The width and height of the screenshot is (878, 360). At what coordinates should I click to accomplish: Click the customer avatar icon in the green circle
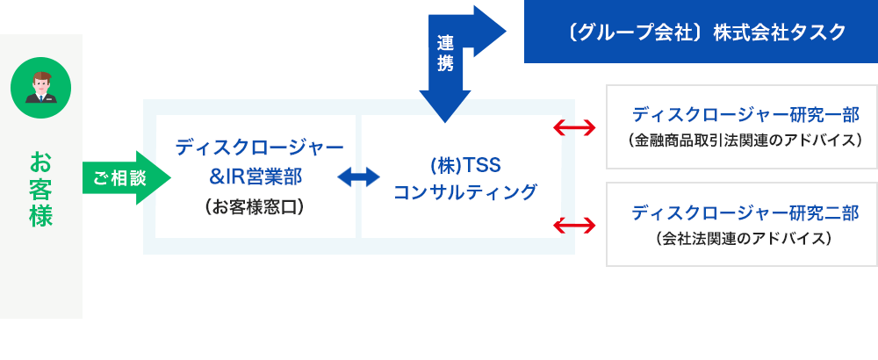[41, 90]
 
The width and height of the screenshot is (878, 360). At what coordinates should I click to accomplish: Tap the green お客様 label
[41, 189]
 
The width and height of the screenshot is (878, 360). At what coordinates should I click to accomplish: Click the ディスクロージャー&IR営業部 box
[255, 176]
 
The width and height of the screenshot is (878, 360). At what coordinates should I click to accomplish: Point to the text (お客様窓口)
[255, 207]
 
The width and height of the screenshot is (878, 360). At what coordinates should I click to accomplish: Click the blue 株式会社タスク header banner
[701, 32]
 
